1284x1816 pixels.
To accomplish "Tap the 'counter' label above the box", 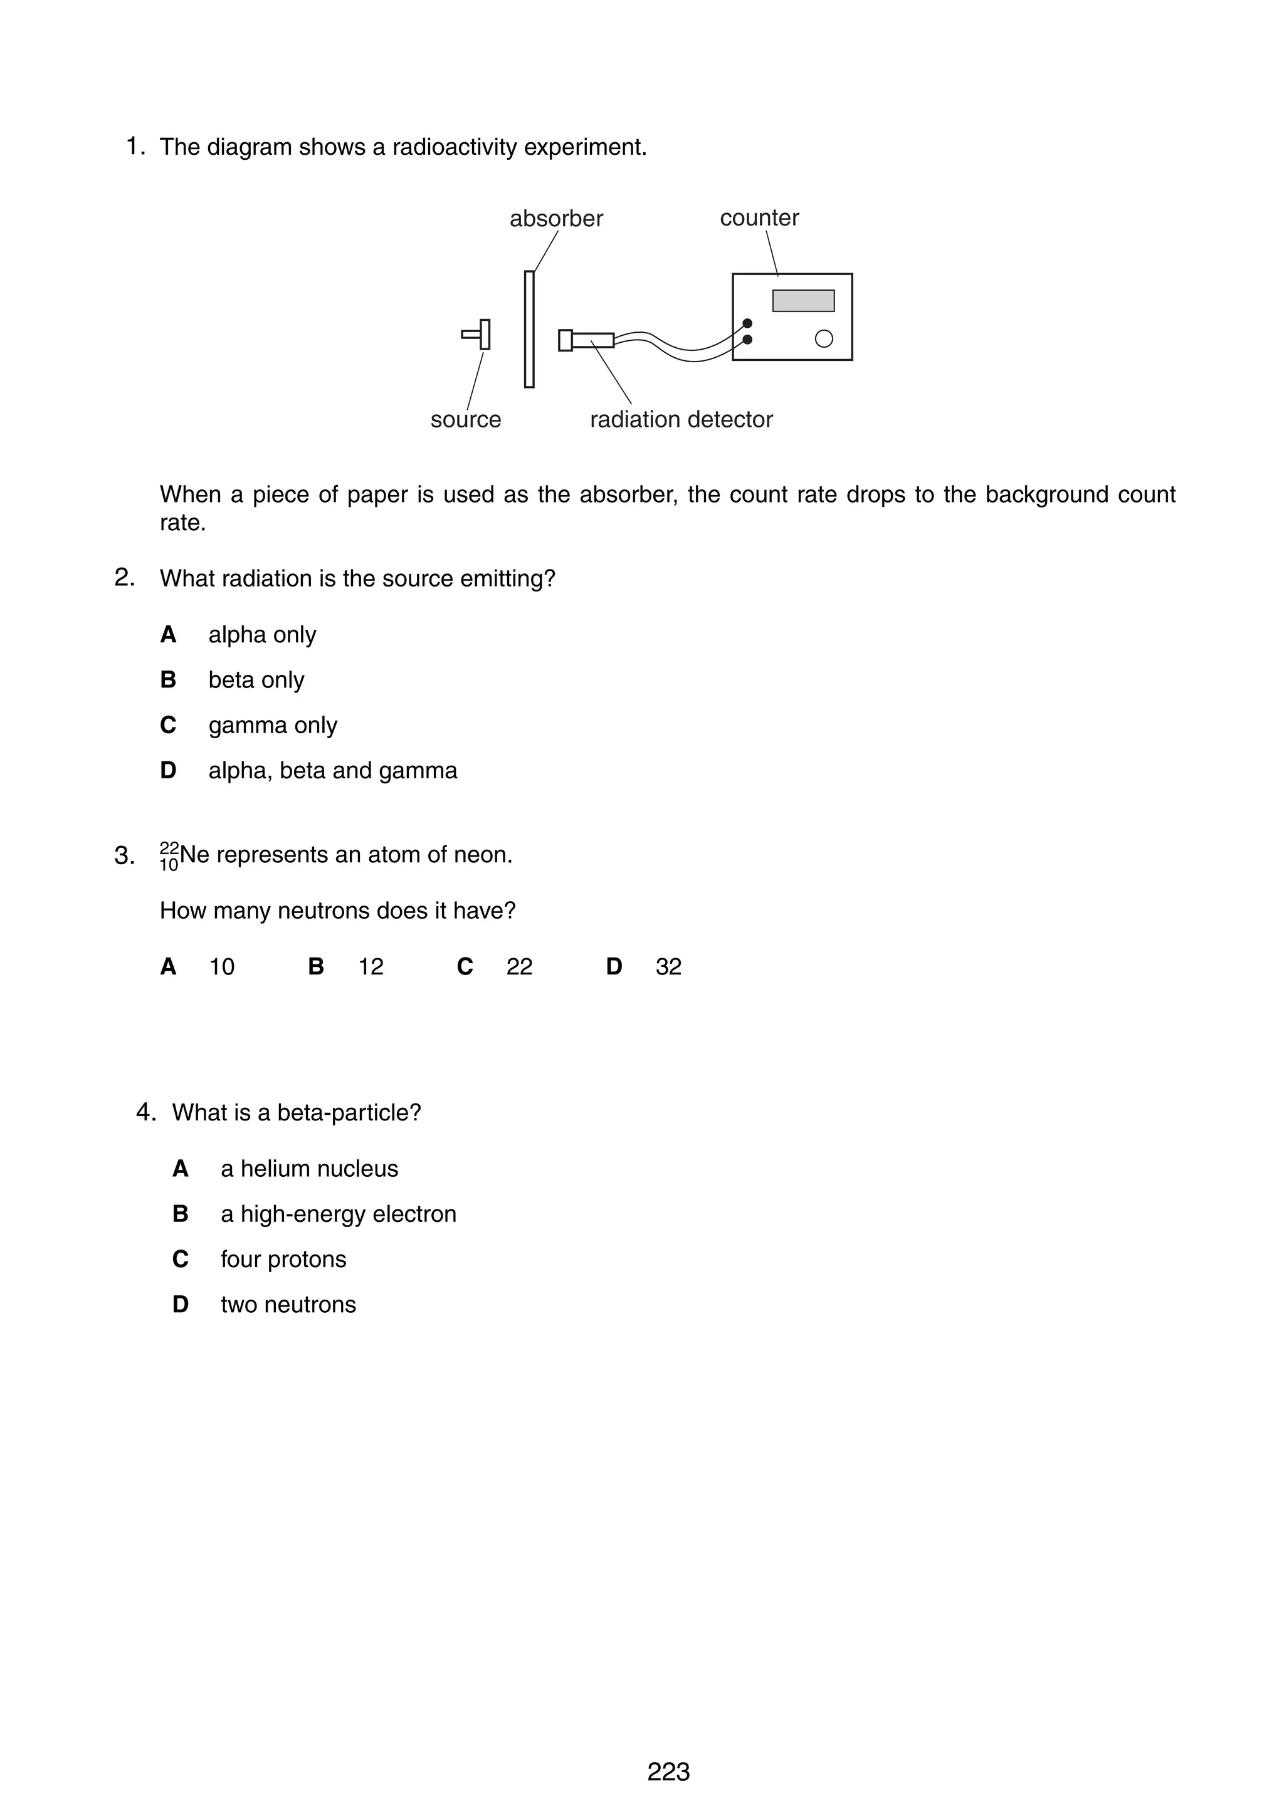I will (759, 218).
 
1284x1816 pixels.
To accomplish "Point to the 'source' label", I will (465, 419).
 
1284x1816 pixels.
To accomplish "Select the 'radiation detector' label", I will (680, 419).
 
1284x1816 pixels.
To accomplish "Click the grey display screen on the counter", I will (802, 301).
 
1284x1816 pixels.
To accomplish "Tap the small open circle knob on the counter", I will (824, 338).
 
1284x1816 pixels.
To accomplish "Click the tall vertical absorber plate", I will (529, 329).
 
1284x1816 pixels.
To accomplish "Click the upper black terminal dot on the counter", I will (747, 323).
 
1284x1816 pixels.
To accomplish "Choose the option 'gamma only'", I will (272, 725).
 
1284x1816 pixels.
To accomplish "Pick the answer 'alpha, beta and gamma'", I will (332, 770).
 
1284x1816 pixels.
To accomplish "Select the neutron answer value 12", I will (371, 966).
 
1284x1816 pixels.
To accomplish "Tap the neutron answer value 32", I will (668, 966).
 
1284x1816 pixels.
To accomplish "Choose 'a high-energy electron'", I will (338, 1214).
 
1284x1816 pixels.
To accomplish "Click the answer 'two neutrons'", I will (288, 1304).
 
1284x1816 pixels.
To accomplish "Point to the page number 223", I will (668, 1772).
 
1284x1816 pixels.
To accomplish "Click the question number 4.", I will (145, 1112).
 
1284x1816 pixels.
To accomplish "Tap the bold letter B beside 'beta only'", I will (168, 680).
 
